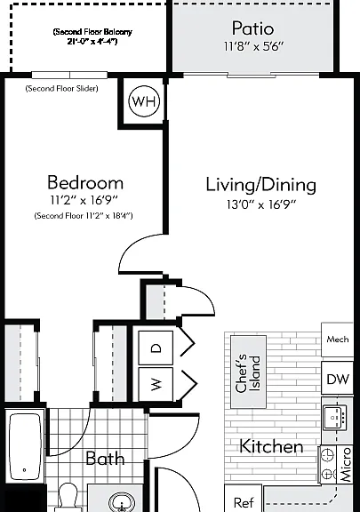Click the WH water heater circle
[x=144, y=101]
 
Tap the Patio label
[x=252, y=28]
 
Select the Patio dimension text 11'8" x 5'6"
[x=253, y=46]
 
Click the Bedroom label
[x=85, y=182]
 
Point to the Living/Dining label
[x=261, y=185]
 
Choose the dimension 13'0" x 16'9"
[x=261, y=204]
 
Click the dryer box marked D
[x=156, y=348]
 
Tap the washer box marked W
[x=156, y=384]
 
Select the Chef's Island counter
[x=248, y=372]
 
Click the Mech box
[x=337, y=340]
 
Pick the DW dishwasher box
[x=338, y=379]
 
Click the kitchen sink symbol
[x=335, y=418]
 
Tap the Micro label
[x=346, y=465]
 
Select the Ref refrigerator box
[x=244, y=499]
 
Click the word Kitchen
[x=271, y=446]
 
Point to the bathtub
[x=25, y=446]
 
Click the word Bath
[x=105, y=459]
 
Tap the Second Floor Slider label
[x=61, y=89]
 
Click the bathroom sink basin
[x=122, y=502]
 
